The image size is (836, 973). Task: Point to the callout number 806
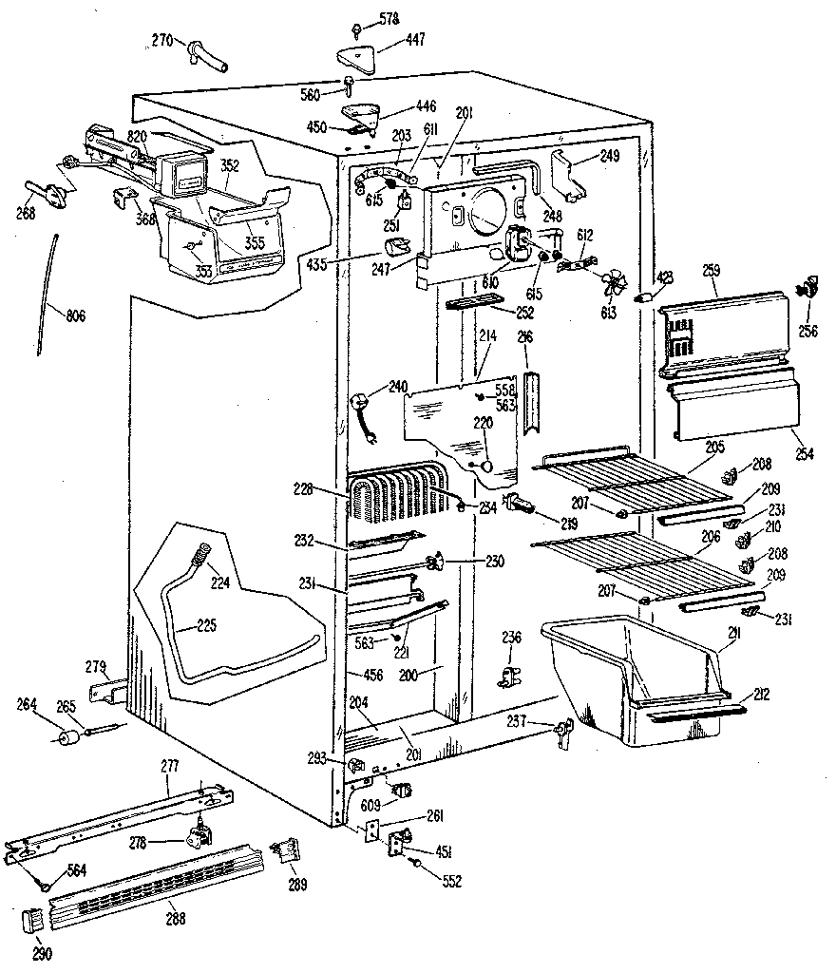coord(73,315)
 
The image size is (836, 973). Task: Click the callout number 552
coord(451,881)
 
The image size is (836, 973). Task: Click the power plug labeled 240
coord(363,408)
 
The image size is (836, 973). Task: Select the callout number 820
coord(138,137)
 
